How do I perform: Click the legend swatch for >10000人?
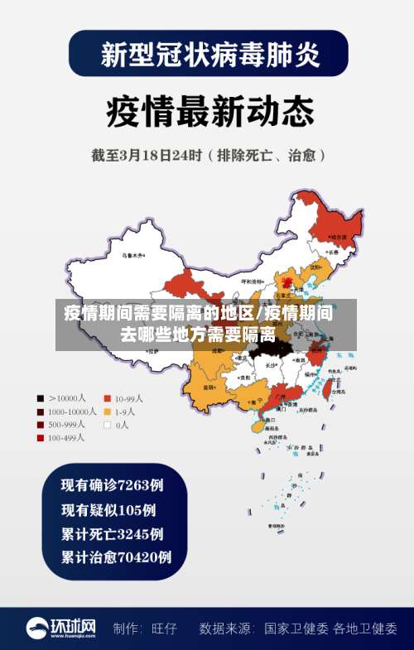[39, 397]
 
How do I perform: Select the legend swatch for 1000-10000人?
[39, 412]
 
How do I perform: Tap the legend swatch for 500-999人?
[39, 425]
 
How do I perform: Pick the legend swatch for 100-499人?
[39, 438]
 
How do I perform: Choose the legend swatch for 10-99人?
[107, 397]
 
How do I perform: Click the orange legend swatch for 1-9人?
[107, 412]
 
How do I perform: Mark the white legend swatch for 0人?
[107, 425]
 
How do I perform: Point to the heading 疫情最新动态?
[209, 109]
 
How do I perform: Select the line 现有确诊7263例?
[113, 485]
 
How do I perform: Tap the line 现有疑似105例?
[108, 509]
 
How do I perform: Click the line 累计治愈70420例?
[117, 557]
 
